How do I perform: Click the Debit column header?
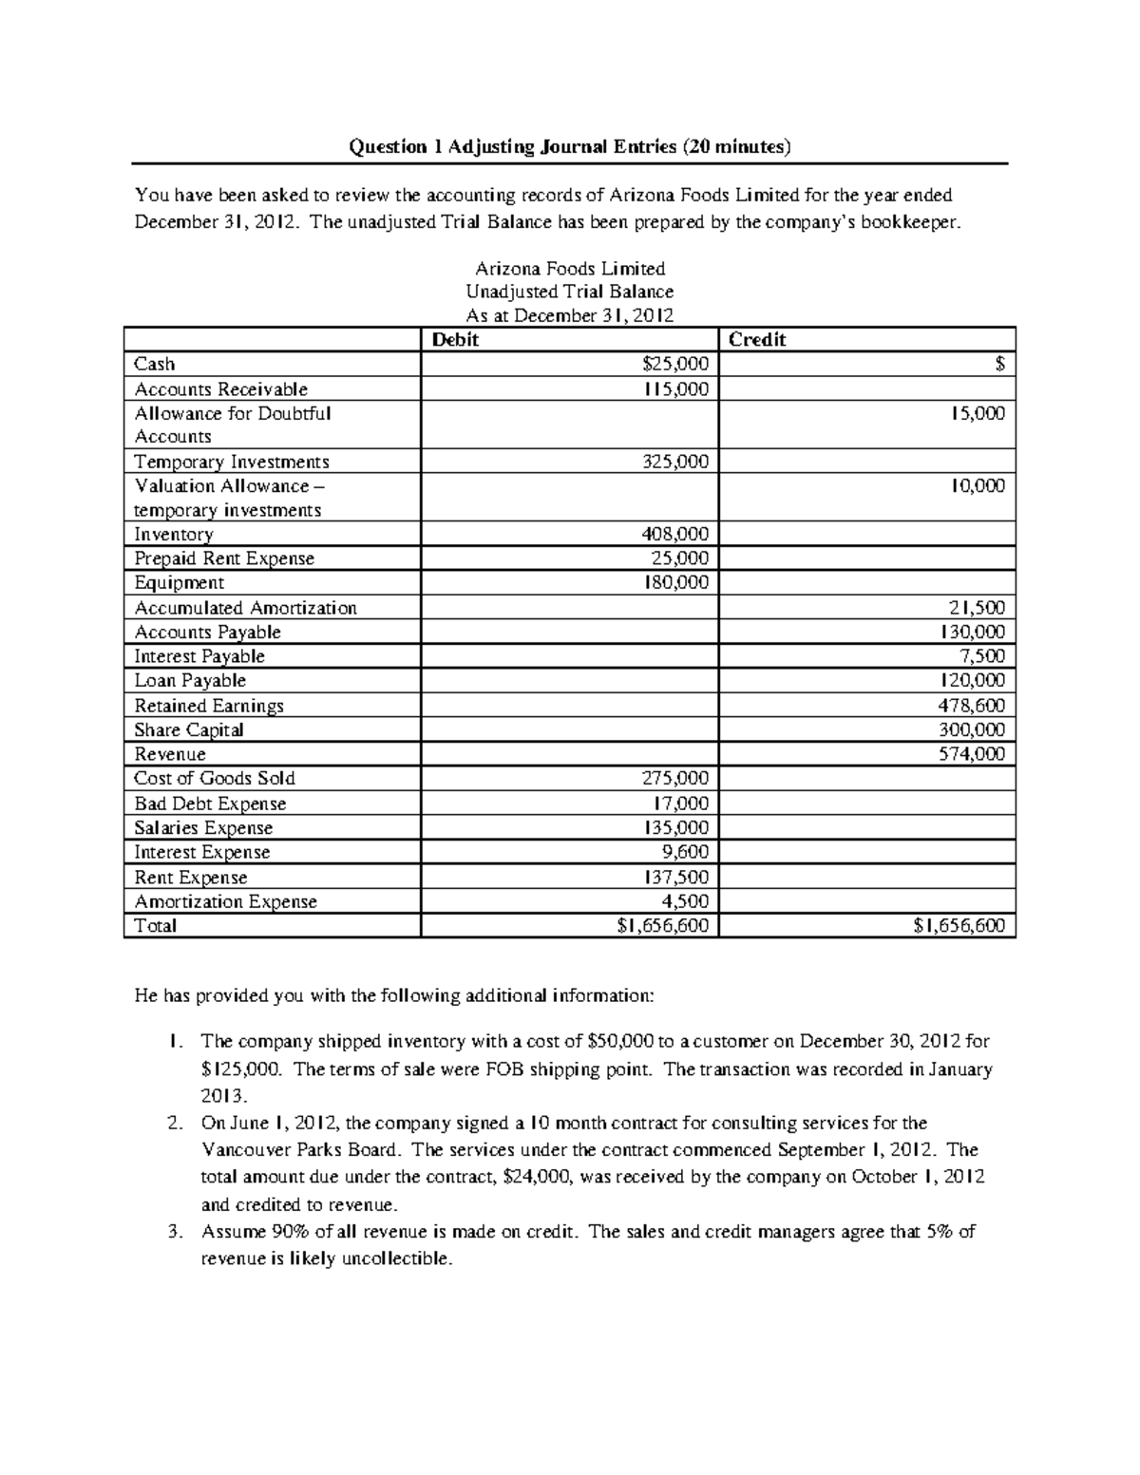455,339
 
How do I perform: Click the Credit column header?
757,339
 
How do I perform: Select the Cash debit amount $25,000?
675,364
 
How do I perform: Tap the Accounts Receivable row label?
220,388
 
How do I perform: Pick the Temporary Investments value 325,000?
675,462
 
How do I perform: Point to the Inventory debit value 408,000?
675,534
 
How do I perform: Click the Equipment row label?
179,582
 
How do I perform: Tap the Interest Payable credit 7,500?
984,656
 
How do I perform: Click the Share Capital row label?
188,729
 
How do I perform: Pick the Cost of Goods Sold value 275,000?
675,778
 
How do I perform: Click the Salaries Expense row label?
203,827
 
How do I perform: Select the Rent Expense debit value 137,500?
675,877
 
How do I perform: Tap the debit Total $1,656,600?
662,925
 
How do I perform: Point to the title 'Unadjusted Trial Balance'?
570,292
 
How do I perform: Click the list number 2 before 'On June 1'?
173,1123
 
